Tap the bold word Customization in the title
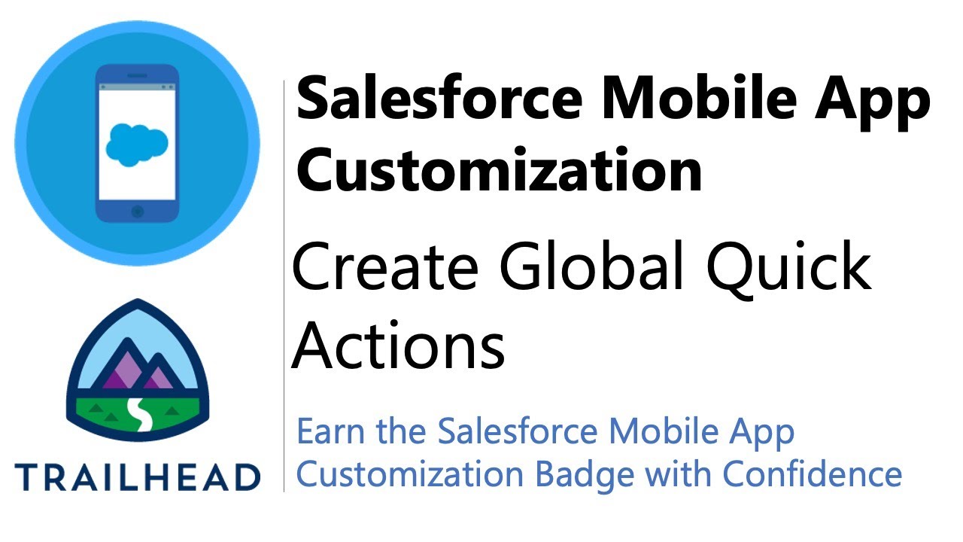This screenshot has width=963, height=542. coord(500,169)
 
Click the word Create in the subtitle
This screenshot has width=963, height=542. coord(385,268)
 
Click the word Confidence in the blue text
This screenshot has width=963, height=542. coord(813,474)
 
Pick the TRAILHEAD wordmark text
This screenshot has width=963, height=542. coord(137,478)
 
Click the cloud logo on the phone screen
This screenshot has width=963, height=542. coord(137,142)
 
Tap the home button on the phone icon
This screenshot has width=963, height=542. coord(137,212)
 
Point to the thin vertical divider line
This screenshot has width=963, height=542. coord(284,286)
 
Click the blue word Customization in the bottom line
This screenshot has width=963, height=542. coord(409,474)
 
